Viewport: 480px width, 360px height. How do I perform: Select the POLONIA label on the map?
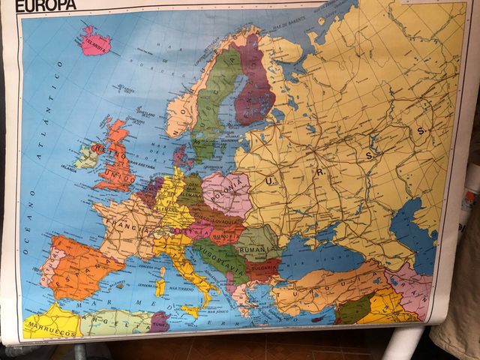(226, 184)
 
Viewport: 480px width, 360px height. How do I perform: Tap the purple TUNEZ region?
(160, 321)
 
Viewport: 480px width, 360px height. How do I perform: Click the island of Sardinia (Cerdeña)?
(160, 286)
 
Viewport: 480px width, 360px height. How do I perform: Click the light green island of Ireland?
(87, 157)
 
